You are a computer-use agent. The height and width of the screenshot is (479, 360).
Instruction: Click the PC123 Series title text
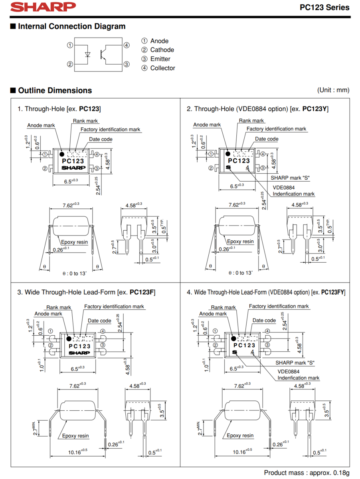pos(324,7)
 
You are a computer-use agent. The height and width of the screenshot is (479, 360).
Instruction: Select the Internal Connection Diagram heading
pos(71,27)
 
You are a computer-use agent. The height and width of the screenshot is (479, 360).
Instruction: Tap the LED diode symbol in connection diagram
pos(88,54)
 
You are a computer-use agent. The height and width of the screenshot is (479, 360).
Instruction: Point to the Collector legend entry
pos(162,68)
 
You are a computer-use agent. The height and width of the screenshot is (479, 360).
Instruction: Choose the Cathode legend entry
pos(162,50)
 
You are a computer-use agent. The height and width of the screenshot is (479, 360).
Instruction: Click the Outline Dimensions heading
pos(55,91)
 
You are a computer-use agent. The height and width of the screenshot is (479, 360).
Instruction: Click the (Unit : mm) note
pos(333,90)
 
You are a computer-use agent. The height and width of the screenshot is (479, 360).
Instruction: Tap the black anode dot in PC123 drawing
pos(62,154)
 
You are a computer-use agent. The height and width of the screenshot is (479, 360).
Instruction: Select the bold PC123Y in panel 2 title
pos(315,109)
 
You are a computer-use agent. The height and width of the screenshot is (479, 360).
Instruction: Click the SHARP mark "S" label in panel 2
pos(290,178)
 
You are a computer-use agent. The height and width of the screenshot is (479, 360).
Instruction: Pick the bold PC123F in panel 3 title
pos(142,293)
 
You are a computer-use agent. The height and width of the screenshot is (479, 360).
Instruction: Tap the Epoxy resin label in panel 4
pos(240,435)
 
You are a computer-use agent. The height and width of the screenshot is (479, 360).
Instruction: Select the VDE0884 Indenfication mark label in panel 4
pos(298,374)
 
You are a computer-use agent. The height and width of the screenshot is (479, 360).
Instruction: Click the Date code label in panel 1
pos(101,139)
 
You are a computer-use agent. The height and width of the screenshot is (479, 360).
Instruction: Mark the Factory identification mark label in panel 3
pos(114,307)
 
